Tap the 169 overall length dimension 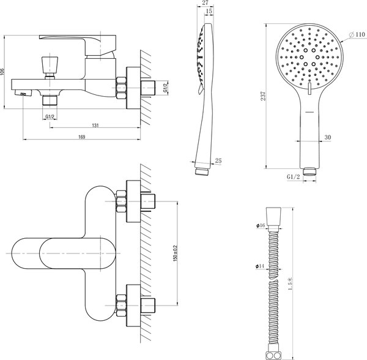coord(81,138)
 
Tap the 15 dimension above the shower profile coord(210,12)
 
